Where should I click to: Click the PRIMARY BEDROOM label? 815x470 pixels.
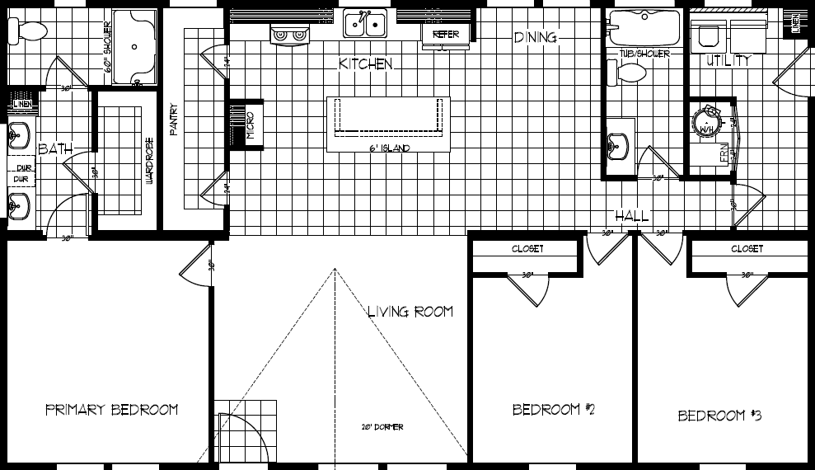[x=111, y=410]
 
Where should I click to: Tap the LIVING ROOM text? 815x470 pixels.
[x=410, y=312]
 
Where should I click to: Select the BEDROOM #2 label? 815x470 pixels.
[x=554, y=410]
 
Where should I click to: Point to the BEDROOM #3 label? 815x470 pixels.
[x=719, y=416]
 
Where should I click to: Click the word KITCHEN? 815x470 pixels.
[x=365, y=63]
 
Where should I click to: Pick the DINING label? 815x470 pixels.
[x=536, y=37]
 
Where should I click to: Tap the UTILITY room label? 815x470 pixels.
[x=728, y=60]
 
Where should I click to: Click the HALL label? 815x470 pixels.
[x=632, y=216]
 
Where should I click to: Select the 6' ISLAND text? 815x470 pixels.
[x=390, y=148]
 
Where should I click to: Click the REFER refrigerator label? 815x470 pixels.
[x=446, y=34]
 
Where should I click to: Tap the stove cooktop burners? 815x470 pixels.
[x=289, y=34]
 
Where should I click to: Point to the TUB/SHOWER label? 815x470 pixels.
[x=644, y=54]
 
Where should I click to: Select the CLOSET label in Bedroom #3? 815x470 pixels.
[x=747, y=248]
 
